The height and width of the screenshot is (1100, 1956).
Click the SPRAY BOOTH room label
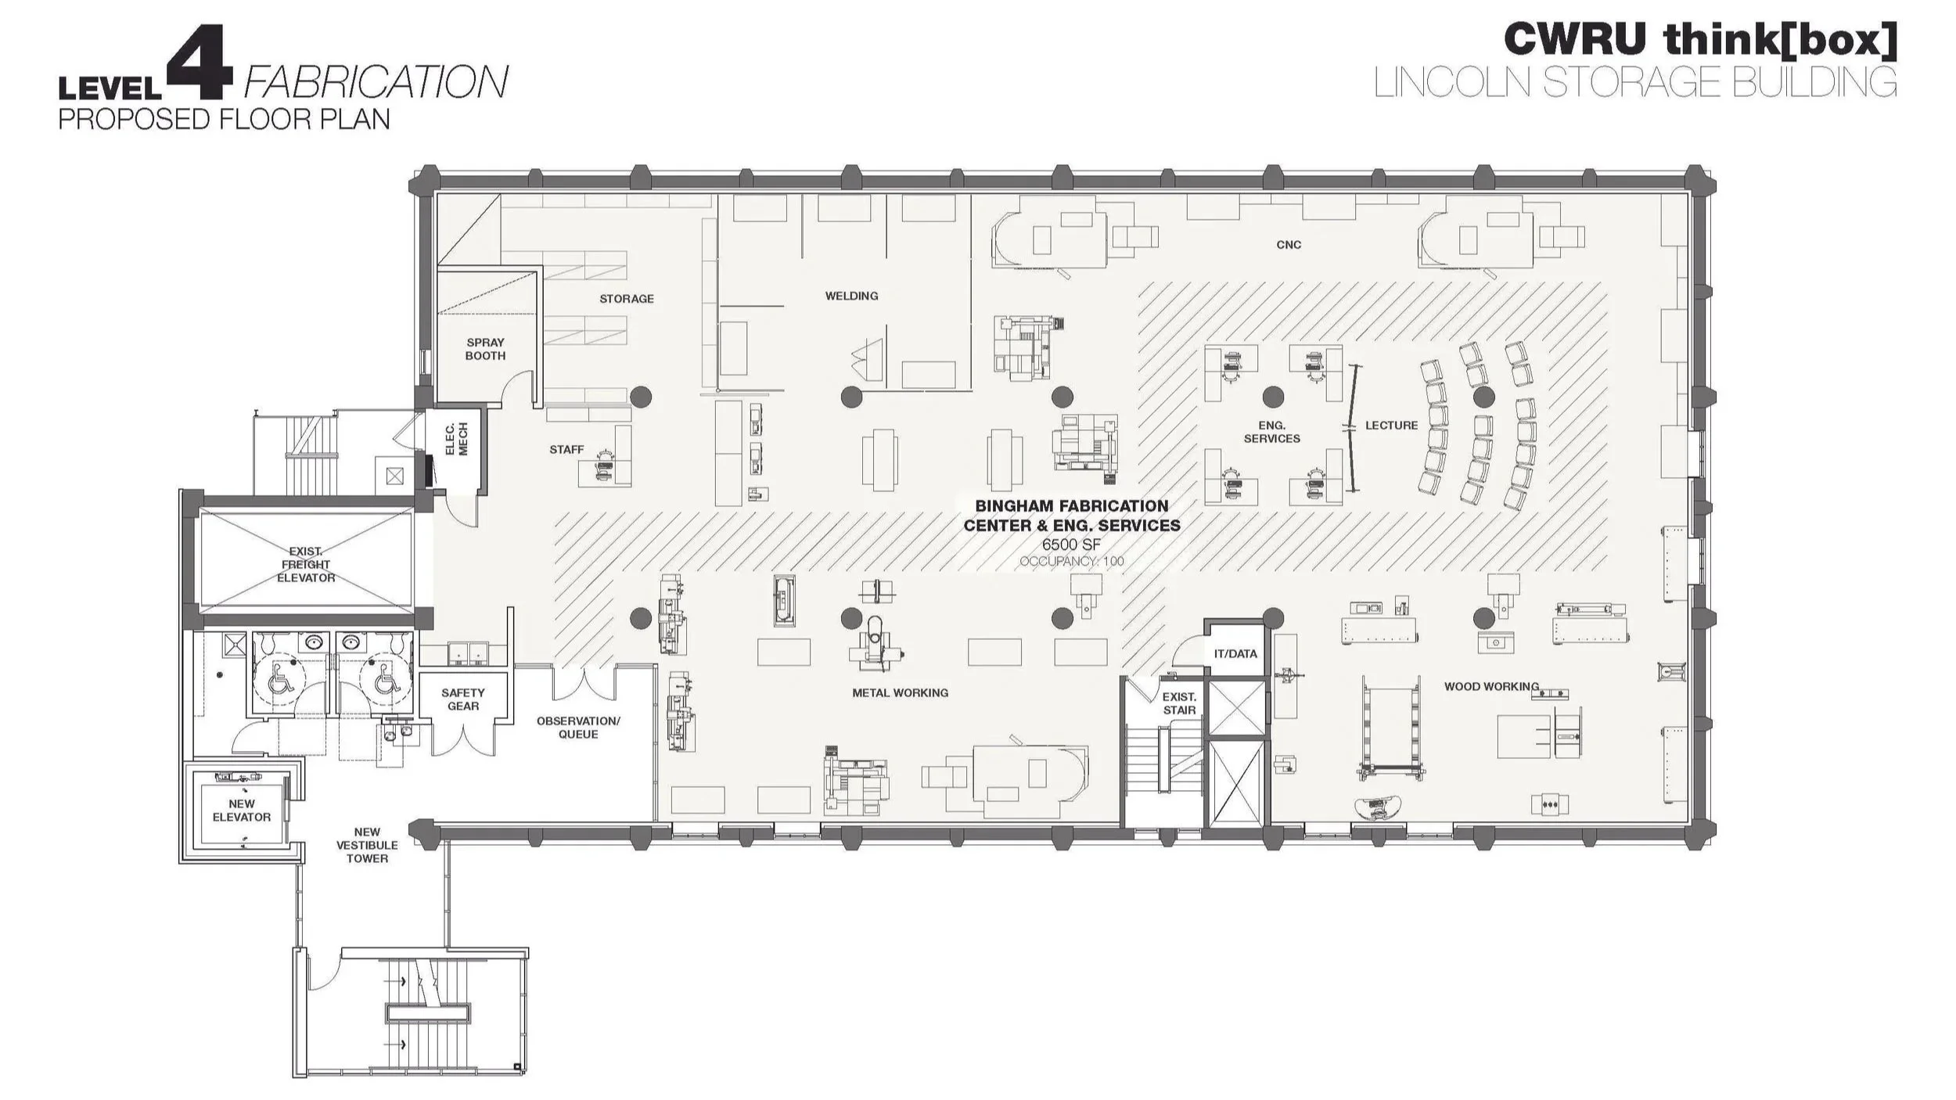485,349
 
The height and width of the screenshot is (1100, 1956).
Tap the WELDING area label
851,296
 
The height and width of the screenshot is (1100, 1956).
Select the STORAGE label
626,299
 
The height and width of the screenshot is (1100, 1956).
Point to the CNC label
1289,245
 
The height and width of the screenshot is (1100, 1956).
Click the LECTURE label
1391,426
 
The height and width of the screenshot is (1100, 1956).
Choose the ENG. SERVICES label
1271,432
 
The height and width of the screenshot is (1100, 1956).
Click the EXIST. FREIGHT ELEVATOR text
305,565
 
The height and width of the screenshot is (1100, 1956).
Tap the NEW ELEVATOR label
241,811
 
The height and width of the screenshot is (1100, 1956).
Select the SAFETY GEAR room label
462,699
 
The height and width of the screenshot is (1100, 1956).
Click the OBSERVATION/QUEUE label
577,728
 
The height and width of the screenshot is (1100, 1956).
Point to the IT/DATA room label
1235,654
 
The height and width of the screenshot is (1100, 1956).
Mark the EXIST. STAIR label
1178,703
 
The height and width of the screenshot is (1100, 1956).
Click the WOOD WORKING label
1491,687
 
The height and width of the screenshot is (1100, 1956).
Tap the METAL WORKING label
900,693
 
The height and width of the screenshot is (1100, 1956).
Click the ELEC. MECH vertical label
456,439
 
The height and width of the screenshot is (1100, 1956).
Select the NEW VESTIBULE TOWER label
367,845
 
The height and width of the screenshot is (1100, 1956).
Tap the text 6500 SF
1071,545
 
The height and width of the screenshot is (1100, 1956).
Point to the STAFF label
566,450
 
